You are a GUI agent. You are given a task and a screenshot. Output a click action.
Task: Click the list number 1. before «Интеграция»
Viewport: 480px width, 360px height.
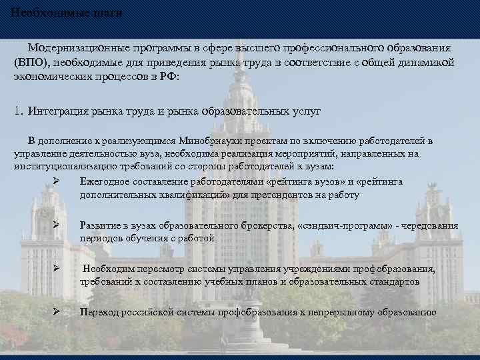19,111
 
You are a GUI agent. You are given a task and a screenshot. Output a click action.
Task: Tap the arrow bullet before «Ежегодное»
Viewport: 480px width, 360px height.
57,181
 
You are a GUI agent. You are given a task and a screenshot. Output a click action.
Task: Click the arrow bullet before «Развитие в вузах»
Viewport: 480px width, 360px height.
57,226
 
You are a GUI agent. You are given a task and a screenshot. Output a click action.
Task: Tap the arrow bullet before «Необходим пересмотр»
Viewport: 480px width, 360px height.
57,269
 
